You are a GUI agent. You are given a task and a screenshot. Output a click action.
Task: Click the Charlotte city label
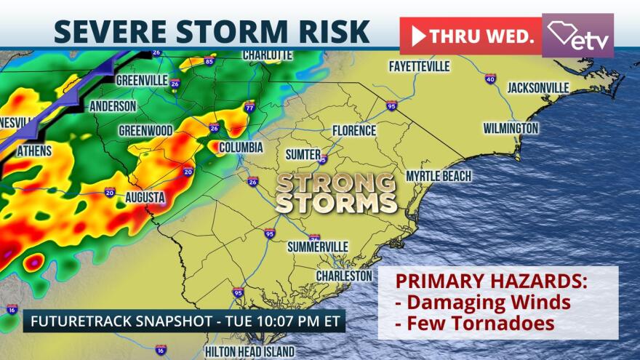click(x=268, y=55)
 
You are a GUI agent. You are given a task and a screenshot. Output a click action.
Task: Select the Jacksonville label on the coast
click(x=537, y=87)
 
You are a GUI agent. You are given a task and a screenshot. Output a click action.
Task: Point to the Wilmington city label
click(x=511, y=129)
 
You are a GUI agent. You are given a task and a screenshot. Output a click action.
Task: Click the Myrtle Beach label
click(x=439, y=176)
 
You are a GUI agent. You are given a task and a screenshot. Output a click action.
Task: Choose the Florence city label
click(x=354, y=131)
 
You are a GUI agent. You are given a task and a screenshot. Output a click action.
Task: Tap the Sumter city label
click(x=303, y=154)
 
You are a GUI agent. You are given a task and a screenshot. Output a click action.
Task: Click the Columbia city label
click(x=241, y=147)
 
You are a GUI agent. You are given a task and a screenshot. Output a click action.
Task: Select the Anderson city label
click(x=112, y=106)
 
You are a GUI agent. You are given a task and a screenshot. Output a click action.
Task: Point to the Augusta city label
click(x=144, y=197)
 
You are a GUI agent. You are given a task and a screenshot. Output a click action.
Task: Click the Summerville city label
click(x=317, y=247)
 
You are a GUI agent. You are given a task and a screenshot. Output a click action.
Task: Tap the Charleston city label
click(x=344, y=276)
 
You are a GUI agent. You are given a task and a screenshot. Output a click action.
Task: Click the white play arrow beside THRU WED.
click(x=418, y=36)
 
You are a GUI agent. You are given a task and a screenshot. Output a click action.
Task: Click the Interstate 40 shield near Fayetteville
click(x=490, y=79)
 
